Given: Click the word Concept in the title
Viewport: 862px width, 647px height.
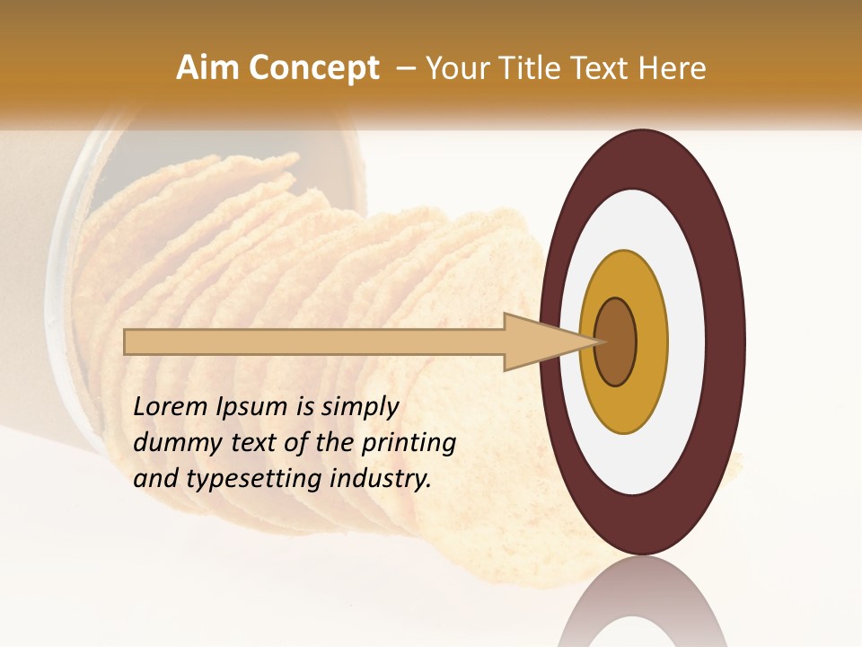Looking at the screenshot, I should pos(313,69).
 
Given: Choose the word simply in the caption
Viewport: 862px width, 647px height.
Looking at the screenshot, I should pos(359,407).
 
